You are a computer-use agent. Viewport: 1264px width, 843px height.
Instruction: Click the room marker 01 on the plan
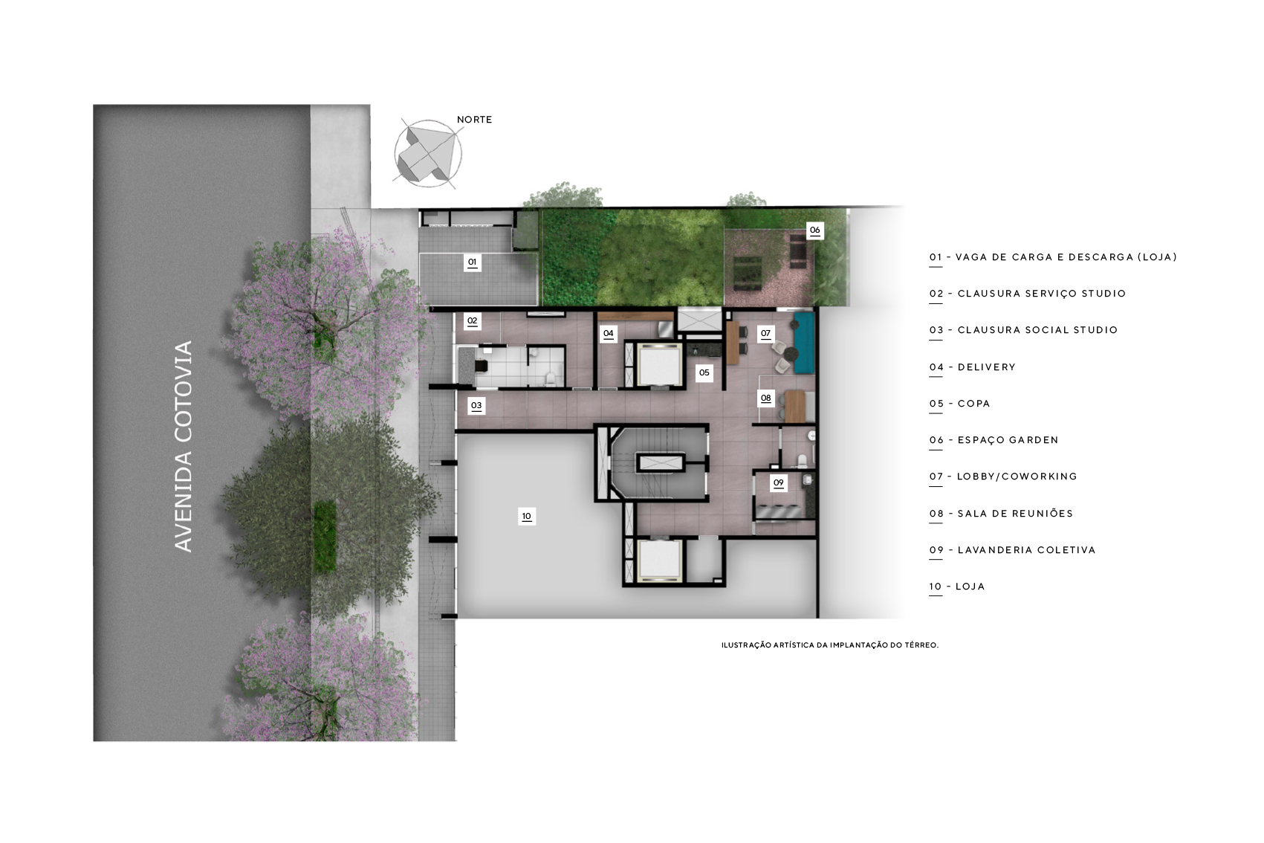click(x=473, y=262)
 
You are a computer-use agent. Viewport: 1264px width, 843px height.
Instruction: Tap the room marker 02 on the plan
click(x=473, y=321)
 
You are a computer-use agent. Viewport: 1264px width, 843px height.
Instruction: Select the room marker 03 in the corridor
click(x=476, y=405)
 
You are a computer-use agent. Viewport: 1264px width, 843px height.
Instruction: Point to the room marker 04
click(x=608, y=334)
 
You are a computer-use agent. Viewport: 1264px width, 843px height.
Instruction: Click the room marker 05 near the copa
click(x=704, y=372)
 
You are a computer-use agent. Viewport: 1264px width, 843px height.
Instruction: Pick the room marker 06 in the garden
click(x=815, y=230)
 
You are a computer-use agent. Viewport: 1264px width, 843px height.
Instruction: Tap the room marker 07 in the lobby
click(x=765, y=334)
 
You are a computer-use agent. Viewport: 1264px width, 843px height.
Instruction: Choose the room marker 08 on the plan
click(x=765, y=398)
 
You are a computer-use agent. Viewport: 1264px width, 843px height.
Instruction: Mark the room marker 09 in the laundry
click(x=779, y=482)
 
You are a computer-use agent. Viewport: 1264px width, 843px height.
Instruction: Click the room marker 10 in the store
click(x=526, y=516)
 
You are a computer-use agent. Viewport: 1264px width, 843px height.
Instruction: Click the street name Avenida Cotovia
click(x=184, y=446)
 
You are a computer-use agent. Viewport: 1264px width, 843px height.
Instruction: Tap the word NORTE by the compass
click(x=475, y=120)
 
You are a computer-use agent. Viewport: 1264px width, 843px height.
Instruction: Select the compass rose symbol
click(x=428, y=154)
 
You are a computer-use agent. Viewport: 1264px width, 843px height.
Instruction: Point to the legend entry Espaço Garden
click(x=994, y=440)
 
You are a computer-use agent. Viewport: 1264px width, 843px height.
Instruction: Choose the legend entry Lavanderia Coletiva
click(x=1012, y=550)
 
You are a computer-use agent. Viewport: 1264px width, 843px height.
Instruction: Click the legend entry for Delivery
click(x=972, y=367)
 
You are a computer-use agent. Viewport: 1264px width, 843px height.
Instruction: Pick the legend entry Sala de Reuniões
click(x=1001, y=513)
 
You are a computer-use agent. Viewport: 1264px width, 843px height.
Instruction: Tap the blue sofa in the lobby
click(x=804, y=343)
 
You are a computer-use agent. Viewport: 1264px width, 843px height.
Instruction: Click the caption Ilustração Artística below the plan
click(x=829, y=645)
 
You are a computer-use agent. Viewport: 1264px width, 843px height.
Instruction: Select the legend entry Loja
click(x=957, y=587)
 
